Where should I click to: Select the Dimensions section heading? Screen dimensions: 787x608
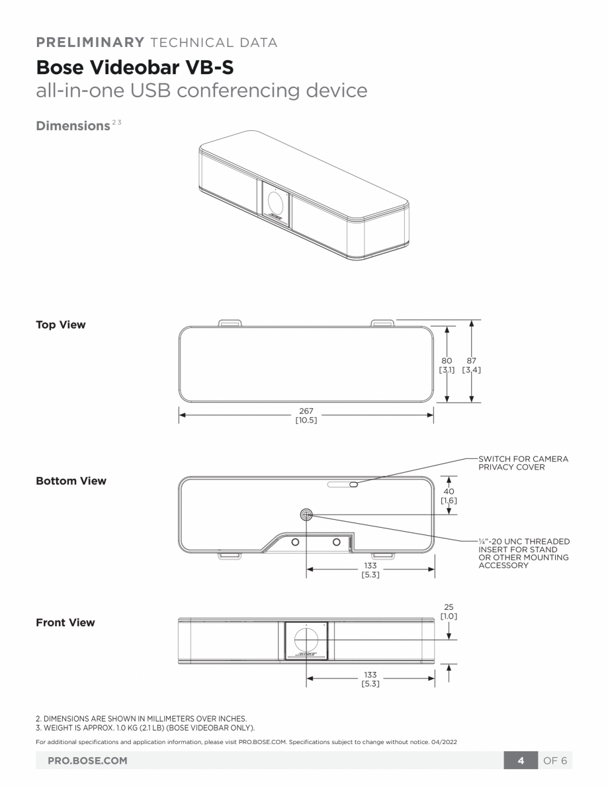(x=73, y=126)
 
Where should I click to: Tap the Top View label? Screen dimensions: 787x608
(x=60, y=325)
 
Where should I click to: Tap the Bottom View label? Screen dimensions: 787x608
(x=71, y=481)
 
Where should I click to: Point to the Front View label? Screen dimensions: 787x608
(x=65, y=622)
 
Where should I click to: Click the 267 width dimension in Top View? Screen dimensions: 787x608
(x=306, y=415)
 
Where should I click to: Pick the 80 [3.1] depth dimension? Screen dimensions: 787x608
(x=448, y=365)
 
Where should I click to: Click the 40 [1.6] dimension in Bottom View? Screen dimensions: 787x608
(x=449, y=496)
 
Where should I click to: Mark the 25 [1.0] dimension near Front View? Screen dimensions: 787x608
(x=449, y=611)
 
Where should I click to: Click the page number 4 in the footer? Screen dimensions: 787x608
(x=521, y=761)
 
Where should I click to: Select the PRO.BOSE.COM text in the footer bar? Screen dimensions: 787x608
(x=88, y=761)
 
